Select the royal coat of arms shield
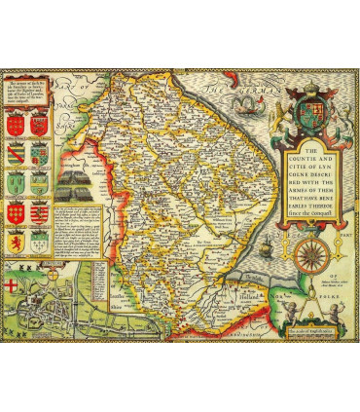(313, 107)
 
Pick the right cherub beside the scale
(342, 311)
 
